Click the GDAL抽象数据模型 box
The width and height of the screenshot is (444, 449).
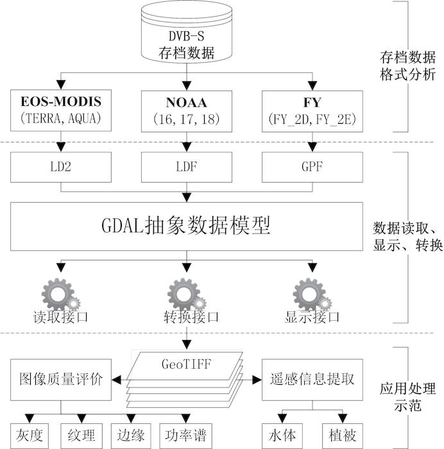186,226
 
